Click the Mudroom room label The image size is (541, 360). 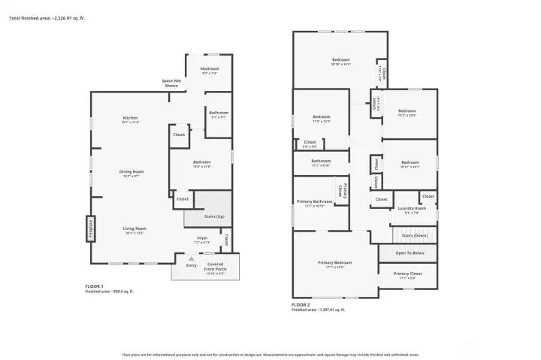point(209,69)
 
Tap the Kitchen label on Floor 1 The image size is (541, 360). point(131,119)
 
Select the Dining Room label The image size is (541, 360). point(131,172)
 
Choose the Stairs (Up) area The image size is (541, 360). point(214,216)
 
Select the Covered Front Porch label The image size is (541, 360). point(216,265)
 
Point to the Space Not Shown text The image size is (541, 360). point(172,83)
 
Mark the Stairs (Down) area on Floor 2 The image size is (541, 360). point(414,235)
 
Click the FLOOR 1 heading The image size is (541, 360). point(95,286)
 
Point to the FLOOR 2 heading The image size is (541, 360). point(301,304)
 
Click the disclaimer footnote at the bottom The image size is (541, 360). point(270,353)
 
